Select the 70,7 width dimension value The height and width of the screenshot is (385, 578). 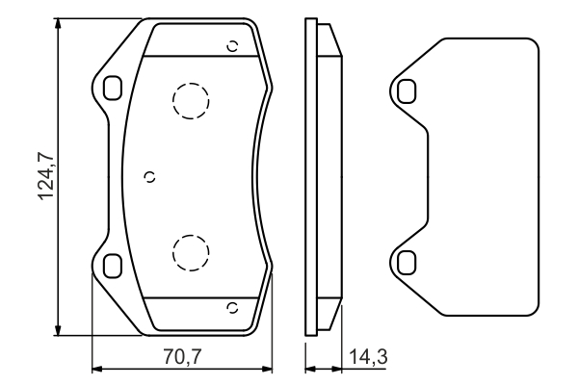click(x=182, y=357)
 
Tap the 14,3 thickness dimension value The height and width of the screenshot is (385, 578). click(x=370, y=357)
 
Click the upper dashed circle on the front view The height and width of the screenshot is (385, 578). click(x=190, y=99)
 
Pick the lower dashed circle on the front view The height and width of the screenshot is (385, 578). click(x=190, y=251)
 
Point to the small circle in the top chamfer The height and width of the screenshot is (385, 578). click(x=231, y=44)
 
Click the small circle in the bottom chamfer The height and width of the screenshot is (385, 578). click(x=231, y=308)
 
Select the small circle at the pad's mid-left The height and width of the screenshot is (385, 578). click(x=148, y=175)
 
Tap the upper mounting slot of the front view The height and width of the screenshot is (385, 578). click(x=112, y=88)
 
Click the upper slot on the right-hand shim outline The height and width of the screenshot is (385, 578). click(x=406, y=90)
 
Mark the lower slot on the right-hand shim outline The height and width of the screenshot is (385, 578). click(x=406, y=261)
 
